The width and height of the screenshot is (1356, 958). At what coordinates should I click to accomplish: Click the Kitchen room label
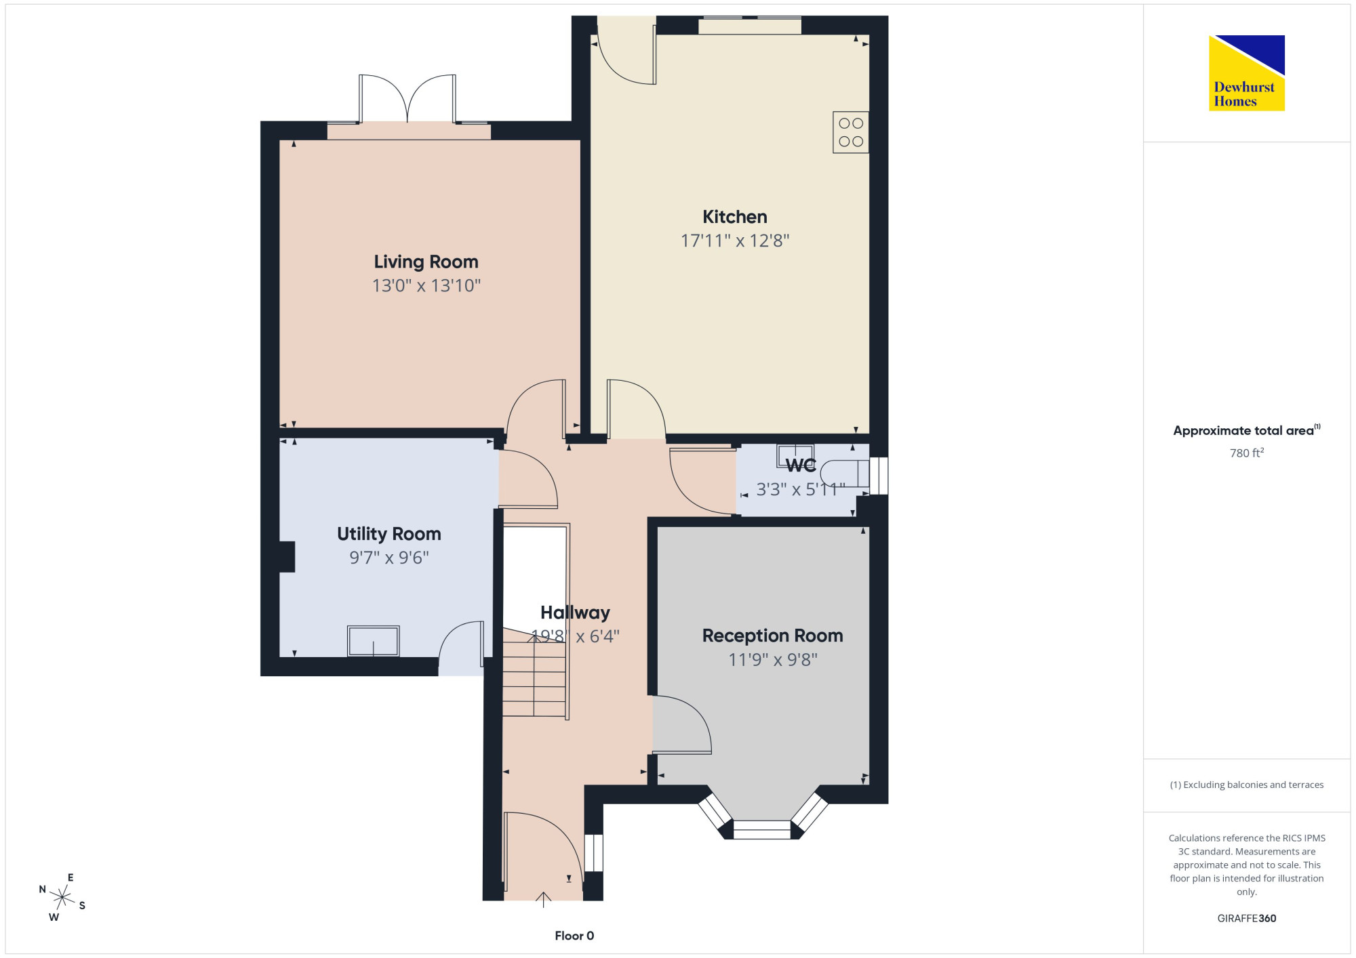pos(735,217)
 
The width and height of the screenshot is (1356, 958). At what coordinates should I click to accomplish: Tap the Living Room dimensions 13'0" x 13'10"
pos(426,285)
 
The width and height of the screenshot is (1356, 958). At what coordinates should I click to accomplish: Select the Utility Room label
pos(389,534)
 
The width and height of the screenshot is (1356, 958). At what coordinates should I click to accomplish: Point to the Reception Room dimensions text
pos(773,659)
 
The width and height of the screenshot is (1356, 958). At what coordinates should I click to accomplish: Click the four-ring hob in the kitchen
pos(851,132)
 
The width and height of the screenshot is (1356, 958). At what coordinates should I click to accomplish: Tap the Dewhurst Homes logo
pos(1247,73)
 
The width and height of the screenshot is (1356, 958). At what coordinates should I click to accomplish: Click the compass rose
pos(62,898)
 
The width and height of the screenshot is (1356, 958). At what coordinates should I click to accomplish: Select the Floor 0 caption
pos(574,936)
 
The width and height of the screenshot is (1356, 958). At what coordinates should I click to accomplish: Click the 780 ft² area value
pos(1247,453)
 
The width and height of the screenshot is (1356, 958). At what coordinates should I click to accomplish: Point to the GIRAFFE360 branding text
pos(1247,918)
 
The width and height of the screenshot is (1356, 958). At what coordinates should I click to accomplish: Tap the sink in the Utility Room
pos(374,641)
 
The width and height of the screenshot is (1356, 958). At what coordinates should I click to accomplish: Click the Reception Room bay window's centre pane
pos(762,830)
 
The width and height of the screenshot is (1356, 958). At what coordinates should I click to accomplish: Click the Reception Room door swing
pos(682,724)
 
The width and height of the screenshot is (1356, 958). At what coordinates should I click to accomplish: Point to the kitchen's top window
pos(750,25)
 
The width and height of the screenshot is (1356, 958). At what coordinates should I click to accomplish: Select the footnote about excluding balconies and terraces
pos(1247,785)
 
